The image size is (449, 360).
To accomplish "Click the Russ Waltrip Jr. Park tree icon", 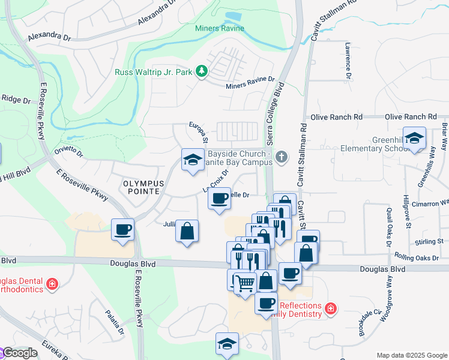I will (x=202, y=72).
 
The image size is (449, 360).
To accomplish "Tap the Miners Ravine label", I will (x=220, y=28).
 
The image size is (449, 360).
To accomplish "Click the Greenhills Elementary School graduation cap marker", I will (x=414, y=138).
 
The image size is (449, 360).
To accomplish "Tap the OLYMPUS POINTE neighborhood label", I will (x=141, y=187).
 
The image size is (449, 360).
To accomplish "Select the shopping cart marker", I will (x=244, y=281).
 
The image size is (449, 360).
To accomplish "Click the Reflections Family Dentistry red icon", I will (x=330, y=309).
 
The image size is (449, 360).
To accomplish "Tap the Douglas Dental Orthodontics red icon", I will (x=52, y=283).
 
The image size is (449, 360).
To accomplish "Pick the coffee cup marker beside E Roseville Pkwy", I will (x=122, y=229).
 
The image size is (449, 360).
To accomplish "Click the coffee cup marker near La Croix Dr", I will (x=220, y=197).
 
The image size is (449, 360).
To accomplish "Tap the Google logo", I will (x=19, y=353).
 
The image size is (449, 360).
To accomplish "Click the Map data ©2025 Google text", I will (x=411, y=355).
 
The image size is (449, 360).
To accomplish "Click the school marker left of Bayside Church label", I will (x=192, y=160).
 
